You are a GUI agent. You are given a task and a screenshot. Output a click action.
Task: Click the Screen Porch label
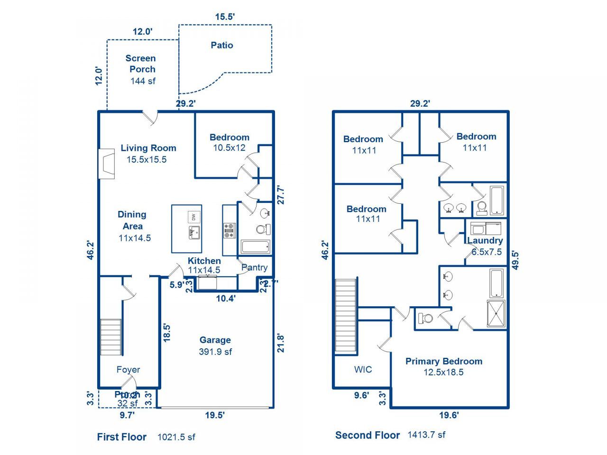point(140,64)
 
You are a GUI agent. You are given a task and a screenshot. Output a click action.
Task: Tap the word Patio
point(221,45)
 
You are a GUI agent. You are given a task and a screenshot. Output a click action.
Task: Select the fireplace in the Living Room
point(106,164)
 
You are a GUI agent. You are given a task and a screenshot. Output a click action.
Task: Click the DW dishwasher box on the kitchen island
point(193,217)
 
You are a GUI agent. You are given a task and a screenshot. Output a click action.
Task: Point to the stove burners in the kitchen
point(229,230)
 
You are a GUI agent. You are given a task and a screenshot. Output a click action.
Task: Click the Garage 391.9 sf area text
point(215,351)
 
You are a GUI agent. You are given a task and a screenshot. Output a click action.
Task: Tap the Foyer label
point(128,370)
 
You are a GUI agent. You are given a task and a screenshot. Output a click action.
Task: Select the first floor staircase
point(110,337)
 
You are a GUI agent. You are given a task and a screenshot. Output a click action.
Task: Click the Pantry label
point(255,267)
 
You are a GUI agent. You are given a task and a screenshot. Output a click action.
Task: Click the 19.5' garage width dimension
point(215,415)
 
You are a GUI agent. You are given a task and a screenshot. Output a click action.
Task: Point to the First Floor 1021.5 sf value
point(176,437)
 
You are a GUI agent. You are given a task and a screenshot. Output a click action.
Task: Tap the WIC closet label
point(363,369)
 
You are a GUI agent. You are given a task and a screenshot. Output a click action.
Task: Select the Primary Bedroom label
point(444,361)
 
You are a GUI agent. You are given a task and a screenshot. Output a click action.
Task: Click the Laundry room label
point(485,240)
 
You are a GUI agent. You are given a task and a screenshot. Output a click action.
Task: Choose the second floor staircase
point(346,316)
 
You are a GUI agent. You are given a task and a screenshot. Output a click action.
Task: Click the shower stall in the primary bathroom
point(496,314)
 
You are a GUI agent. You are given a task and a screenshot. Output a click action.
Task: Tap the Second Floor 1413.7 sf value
point(426,435)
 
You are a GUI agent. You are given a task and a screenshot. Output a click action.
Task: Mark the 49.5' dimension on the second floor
point(516,260)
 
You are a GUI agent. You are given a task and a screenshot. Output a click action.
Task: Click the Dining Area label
point(132,220)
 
